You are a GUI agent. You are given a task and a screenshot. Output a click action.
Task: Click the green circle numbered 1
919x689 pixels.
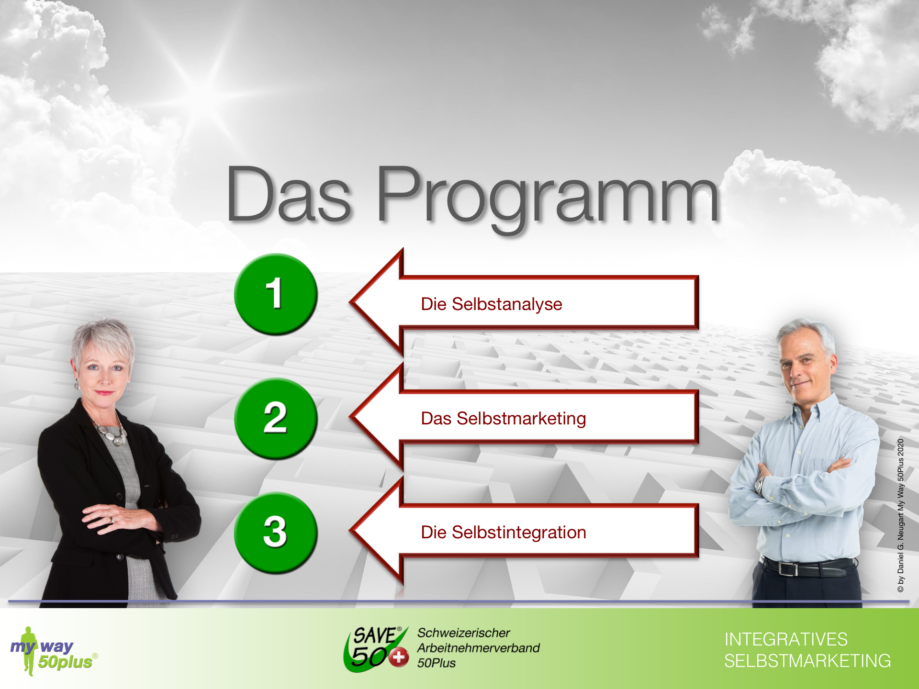click(276, 294)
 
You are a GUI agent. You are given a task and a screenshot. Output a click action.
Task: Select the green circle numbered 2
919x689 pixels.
click(276, 419)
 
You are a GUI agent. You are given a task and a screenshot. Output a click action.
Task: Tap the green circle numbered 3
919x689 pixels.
click(276, 533)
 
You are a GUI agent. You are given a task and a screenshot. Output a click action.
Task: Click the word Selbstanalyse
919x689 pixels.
click(507, 304)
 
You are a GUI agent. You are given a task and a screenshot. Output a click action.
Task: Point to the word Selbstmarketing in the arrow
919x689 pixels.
click(521, 419)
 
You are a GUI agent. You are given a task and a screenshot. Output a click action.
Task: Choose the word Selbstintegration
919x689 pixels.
click(519, 533)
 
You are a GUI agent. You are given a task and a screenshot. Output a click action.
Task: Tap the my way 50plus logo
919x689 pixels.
click(54, 651)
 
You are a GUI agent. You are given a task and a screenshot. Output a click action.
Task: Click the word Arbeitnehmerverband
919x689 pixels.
click(478, 648)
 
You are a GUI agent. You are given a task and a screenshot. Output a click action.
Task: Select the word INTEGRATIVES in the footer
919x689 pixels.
click(786, 639)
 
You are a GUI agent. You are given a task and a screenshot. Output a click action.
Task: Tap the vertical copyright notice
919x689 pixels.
click(900, 515)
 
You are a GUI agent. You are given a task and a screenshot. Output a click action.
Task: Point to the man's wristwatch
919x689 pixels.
click(760, 485)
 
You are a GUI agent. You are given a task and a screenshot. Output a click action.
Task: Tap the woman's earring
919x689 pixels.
click(77, 384)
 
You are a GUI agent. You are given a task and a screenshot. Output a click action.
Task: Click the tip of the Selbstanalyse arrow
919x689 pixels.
click(350, 302)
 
